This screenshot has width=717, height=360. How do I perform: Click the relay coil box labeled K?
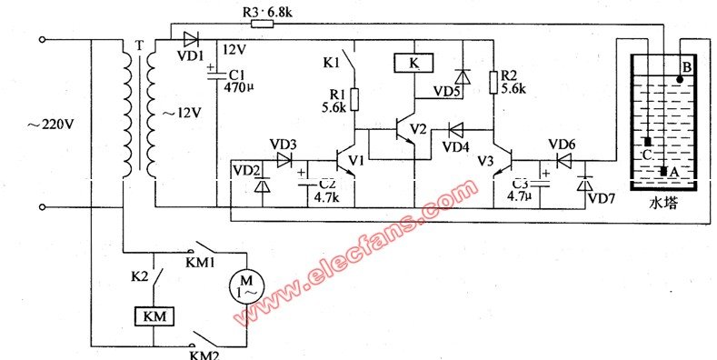413,63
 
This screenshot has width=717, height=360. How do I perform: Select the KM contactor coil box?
154,316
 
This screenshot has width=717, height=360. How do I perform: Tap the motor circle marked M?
246,285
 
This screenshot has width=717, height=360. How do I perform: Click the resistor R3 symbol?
262,24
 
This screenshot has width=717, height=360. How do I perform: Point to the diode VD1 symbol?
191,39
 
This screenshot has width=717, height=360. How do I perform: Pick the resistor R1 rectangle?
354,99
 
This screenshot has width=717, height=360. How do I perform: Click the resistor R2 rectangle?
493,83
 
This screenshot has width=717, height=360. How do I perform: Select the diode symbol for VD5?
463,76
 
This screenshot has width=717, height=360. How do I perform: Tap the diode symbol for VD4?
455,130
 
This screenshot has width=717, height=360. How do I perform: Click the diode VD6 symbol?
563,160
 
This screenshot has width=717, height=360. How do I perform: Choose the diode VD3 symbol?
284,160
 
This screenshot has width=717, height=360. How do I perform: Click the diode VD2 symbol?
262,185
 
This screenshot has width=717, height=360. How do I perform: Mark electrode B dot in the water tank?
680,80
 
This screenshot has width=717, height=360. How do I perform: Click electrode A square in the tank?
663,171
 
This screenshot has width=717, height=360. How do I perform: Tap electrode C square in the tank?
648,142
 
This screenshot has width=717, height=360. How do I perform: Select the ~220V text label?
50,124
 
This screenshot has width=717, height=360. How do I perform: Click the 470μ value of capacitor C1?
238,87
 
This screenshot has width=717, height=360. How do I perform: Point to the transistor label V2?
418,129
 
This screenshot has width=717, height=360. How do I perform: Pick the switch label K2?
140,277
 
